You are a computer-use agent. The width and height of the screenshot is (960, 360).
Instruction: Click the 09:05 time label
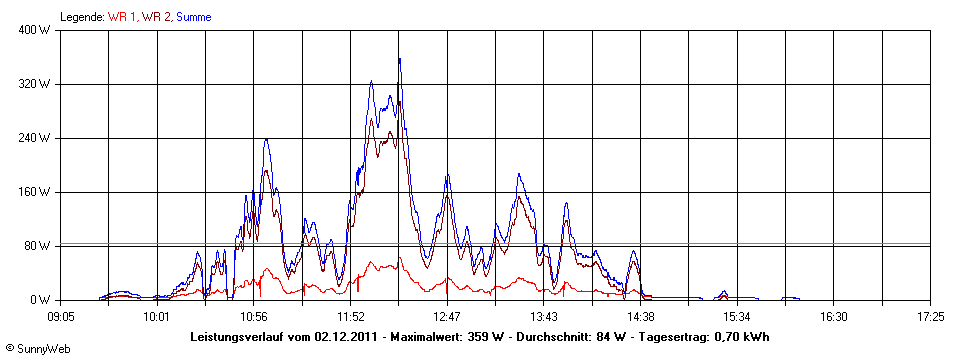(60, 316)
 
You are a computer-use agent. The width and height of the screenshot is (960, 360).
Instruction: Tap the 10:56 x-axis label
(254, 316)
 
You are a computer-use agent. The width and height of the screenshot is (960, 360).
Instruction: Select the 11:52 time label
(350, 316)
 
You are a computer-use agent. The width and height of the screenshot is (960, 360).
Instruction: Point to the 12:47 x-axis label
(447, 316)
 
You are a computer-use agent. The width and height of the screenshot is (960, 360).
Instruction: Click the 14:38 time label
(640, 316)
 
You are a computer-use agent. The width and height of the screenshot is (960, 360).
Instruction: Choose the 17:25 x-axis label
(930, 316)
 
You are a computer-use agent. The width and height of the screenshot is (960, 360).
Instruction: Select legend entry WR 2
(156, 17)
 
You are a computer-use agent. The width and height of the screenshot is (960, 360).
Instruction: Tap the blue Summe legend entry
(194, 17)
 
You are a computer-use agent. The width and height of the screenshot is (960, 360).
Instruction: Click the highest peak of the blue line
(399, 59)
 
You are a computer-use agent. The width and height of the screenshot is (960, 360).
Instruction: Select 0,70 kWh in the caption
(743, 337)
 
